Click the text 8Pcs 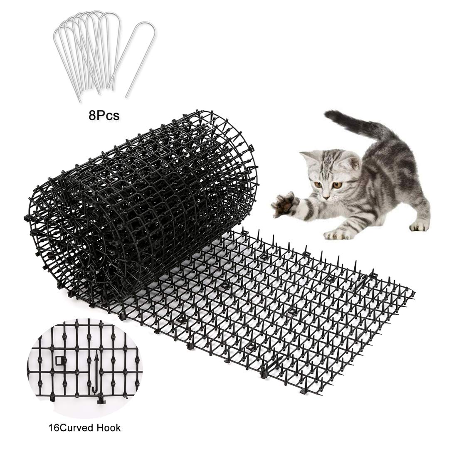(104, 115)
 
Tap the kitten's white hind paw (419, 225)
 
